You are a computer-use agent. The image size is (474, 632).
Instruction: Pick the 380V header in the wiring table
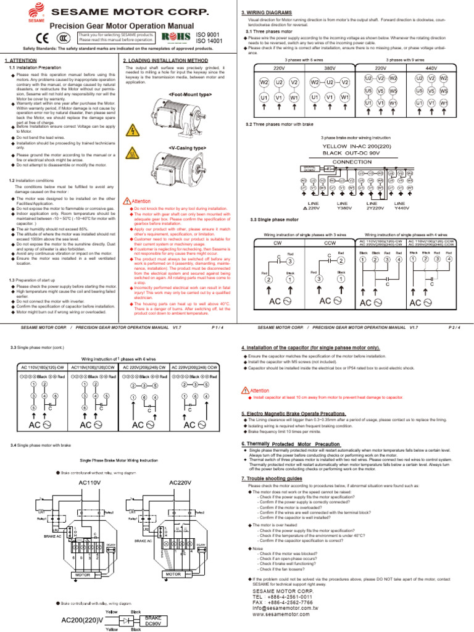click(329, 69)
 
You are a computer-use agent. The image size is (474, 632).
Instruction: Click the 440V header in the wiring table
click(431, 69)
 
